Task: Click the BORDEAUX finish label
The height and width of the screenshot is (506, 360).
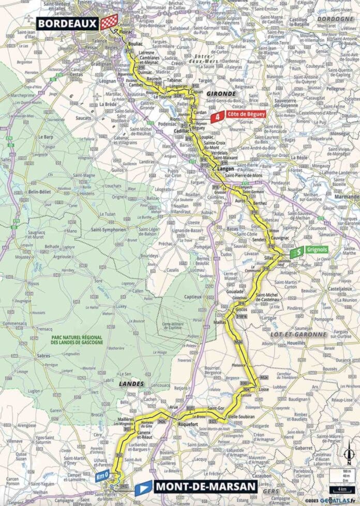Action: (x=66, y=23)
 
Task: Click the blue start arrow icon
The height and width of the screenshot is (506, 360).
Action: (x=144, y=486)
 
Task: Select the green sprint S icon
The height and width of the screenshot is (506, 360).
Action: (x=295, y=252)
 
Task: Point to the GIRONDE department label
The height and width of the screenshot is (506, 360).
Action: (x=221, y=94)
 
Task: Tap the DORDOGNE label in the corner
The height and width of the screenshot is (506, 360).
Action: (x=338, y=19)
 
